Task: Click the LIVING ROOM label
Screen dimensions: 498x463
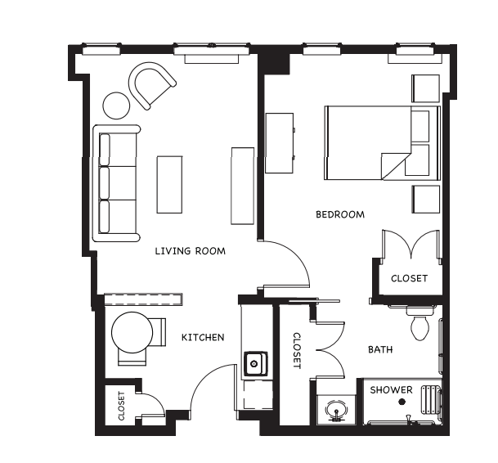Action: [x=191, y=251]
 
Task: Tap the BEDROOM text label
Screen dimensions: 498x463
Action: [x=340, y=214]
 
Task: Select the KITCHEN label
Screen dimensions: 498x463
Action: [x=203, y=337]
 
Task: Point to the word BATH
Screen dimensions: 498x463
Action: [x=380, y=349]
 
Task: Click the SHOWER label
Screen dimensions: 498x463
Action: [x=391, y=390]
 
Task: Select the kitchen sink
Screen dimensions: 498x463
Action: [x=256, y=363]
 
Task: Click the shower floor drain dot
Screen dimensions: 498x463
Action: [x=402, y=402]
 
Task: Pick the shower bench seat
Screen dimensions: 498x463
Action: [x=431, y=400]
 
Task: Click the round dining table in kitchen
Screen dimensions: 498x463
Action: [x=132, y=332]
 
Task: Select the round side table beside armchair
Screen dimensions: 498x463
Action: [x=117, y=106]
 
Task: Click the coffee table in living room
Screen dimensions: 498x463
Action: [x=169, y=184]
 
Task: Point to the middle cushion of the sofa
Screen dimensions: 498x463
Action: [x=104, y=183]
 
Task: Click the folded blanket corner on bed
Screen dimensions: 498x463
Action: [x=395, y=165]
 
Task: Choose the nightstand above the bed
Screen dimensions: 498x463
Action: [x=425, y=88]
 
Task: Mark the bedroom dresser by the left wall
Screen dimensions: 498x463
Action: [x=280, y=143]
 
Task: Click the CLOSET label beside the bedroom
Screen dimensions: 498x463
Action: [x=409, y=278]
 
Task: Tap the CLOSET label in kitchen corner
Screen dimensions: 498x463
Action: [x=121, y=406]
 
